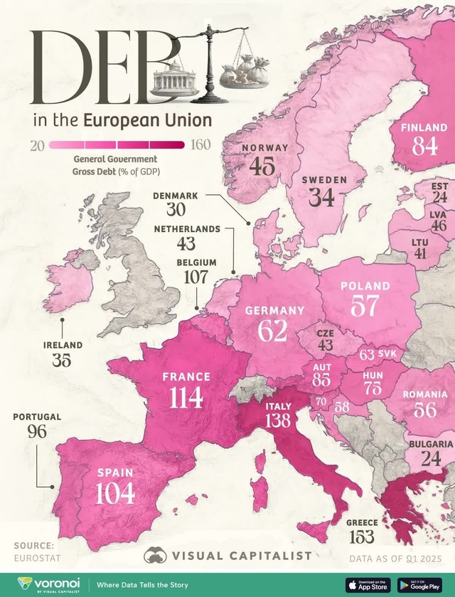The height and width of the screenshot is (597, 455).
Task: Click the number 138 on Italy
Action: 278,421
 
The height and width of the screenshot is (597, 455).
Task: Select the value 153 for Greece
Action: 361,538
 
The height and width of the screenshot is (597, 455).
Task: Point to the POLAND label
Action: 365,286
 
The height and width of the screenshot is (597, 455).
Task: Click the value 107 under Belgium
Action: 196,277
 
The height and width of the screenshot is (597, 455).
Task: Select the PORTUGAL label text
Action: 37,416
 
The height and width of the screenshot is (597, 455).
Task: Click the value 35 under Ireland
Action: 62,360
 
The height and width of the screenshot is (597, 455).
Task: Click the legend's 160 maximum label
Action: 200,145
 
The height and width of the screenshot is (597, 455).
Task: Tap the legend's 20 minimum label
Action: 38,145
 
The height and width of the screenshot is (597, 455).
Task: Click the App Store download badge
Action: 368,583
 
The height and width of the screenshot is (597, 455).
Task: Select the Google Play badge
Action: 419,583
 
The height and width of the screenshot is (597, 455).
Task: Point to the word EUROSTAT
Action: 35,559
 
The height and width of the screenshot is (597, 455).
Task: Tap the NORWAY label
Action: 265,148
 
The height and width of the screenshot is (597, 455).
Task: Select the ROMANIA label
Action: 424,394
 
